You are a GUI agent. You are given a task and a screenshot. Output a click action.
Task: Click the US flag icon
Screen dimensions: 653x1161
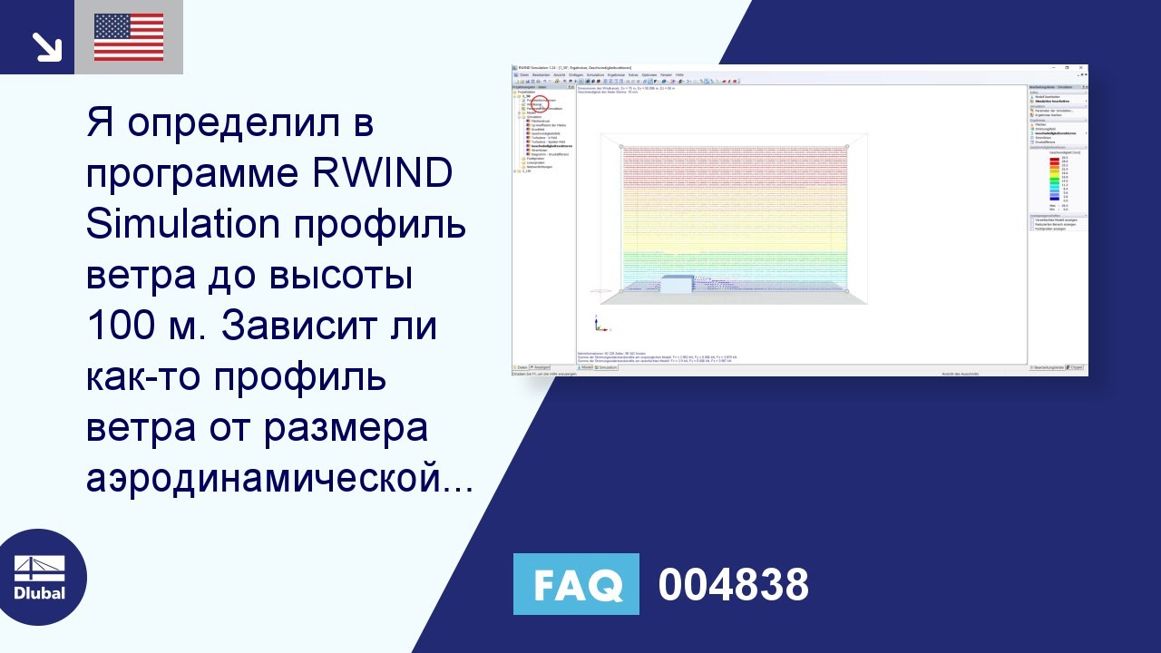coord(129,37)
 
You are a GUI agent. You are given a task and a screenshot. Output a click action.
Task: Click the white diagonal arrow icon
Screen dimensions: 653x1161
coord(44,46)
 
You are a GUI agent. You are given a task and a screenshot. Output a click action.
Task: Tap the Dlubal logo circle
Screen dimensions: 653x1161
coord(39,578)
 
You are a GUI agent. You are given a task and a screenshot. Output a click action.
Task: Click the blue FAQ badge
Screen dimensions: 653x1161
coord(576,584)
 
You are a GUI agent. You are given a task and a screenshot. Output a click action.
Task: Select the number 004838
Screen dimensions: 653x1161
coord(733,585)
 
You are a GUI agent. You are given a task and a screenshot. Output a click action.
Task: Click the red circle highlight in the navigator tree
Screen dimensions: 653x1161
coord(541,104)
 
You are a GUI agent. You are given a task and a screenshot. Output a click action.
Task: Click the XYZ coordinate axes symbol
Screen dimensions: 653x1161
coord(599,323)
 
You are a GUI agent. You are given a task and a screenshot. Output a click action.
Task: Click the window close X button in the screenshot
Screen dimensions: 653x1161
coord(1080,68)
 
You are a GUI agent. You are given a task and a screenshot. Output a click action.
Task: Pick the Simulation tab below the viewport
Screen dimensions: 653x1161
coord(607,367)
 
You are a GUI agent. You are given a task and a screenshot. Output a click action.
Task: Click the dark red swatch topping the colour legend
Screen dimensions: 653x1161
coord(1053,159)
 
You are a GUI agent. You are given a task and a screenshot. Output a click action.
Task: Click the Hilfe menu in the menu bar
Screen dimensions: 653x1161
coord(679,74)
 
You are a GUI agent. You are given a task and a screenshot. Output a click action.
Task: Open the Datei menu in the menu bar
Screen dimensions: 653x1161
coord(523,74)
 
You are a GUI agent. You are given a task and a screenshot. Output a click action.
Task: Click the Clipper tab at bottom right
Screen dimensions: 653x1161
coord(1077,367)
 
